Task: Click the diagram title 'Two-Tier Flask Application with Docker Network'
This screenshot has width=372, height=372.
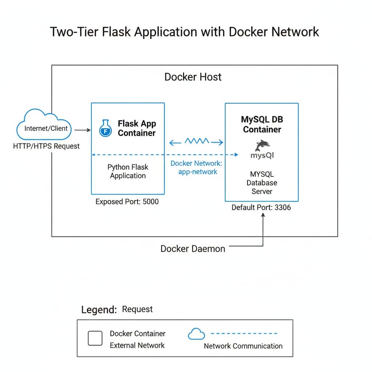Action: pyautogui.click(x=184, y=32)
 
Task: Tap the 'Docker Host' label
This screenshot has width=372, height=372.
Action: pyautogui.click(x=193, y=77)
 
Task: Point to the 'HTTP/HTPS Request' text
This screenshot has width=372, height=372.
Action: pyautogui.click(x=46, y=146)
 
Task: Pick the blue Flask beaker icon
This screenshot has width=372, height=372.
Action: pyautogui.click(x=105, y=128)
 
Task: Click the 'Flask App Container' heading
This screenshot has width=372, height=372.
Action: pyautogui.click(x=137, y=128)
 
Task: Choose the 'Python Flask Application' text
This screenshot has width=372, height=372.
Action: pyautogui.click(x=128, y=171)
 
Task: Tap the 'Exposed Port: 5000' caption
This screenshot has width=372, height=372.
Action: pyautogui.click(x=127, y=201)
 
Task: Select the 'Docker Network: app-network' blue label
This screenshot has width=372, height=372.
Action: pyautogui.click(x=197, y=167)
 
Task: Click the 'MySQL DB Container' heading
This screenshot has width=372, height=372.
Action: pyautogui.click(x=262, y=124)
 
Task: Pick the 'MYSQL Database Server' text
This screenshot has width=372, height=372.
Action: pyautogui.click(x=262, y=183)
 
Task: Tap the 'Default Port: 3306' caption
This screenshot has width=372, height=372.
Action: pyautogui.click(x=261, y=208)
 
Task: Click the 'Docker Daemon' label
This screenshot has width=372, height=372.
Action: pyautogui.click(x=193, y=249)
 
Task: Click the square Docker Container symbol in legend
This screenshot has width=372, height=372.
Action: pyautogui.click(x=96, y=339)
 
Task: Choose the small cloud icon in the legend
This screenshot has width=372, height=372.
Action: pyautogui.click(x=196, y=334)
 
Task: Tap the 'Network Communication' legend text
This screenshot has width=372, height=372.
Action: pyautogui.click(x=243, y=346)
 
